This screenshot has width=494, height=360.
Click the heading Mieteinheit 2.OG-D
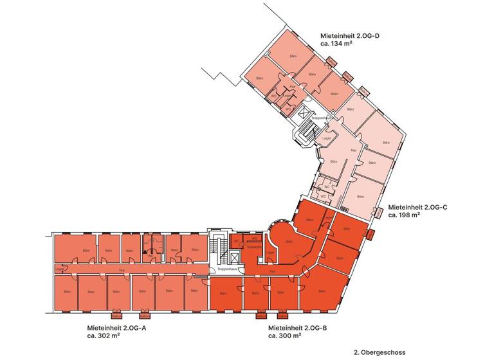click(x=350, y=36)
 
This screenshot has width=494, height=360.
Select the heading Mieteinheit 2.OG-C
click(x=418, y=208)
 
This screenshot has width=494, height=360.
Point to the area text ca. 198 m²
click(x=405, y=216)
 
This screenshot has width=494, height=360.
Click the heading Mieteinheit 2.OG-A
click(x=118, y=327)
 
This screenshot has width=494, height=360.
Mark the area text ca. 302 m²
click(x=105, y=336)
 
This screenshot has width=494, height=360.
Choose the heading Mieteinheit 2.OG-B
click(x=298, y=327)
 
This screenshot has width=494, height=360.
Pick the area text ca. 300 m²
click(x=285, y=336)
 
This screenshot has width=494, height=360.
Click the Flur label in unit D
click(x=291, y=86)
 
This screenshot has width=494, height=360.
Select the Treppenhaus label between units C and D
click(x=320, y=118)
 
